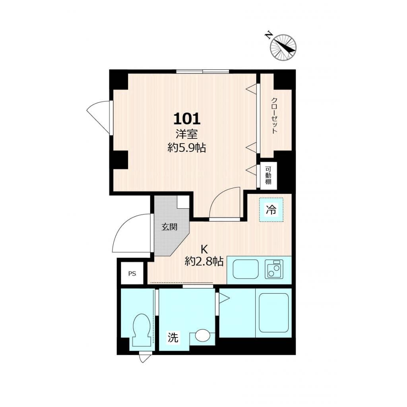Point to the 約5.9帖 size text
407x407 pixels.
tap(186, 148)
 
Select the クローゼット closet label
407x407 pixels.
tap(274, 115)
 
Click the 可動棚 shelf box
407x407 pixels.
tap(268, 175)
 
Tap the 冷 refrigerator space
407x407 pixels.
tap(271, 209)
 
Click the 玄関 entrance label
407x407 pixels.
tap(169, 227)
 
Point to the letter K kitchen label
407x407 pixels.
tap(204, 249)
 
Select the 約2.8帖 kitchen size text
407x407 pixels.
tap(204, 261)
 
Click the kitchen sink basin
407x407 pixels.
tap(245, 269)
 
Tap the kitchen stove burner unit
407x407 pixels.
tap(274, 269)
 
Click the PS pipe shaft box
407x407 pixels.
tap(132, 273)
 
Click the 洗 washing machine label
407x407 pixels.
tap(173, 338)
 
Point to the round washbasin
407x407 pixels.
tap(203, 336)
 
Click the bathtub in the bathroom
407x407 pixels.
tap(273, 313)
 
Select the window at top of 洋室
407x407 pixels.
tap(203, 72)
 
